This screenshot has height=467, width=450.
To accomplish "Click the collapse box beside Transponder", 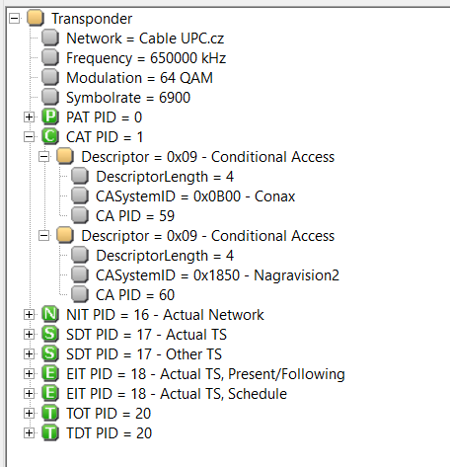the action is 15,19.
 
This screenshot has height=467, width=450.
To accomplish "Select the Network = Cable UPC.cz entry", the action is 145,39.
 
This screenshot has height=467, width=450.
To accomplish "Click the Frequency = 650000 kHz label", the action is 146,58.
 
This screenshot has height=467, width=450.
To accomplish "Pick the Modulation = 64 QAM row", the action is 139,78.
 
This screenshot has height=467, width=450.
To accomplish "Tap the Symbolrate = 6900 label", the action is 128,98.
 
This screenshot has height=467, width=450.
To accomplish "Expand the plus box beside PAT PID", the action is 29,117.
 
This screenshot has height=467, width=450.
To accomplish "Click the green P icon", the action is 50,117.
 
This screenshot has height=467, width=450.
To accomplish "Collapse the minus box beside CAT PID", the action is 29,137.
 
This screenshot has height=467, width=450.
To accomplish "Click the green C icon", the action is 50,137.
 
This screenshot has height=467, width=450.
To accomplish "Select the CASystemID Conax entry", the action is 195,196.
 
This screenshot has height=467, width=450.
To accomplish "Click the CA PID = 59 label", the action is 135,216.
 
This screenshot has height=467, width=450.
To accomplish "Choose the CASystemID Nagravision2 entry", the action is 217,275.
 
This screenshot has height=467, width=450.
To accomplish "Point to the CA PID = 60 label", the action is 135,295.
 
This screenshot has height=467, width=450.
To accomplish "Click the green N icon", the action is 50,315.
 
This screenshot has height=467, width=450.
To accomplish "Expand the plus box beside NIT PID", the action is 29,315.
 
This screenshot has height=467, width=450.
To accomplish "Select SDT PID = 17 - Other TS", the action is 144,354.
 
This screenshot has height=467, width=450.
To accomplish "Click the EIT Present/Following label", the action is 205,374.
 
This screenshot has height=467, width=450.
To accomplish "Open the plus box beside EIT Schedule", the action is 29,394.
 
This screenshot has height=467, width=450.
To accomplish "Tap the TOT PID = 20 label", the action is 109,414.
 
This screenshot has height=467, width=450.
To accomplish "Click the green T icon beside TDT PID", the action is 50,433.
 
